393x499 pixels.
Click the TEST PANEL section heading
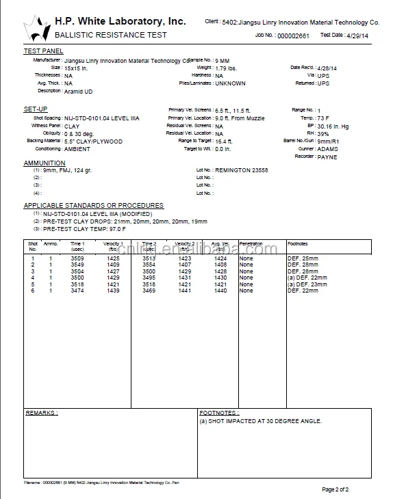pyautogui.click(x=43, y=51)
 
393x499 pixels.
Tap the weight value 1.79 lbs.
pyautogui.click(x=227, y=68)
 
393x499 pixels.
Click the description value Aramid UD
pyautogui.click(x=78, y=91)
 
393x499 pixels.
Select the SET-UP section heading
pyautogui.click(x=36, y=109)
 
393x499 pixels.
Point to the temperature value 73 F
pyautogui.click(x=325, y=118)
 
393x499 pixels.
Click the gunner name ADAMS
pyautogui.click(x=327, y=149)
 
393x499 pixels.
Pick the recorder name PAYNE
pyautogui.click(x=327, y=157)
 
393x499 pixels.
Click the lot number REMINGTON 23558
pyautogui.click(x=241, y=170)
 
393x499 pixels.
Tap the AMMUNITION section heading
pyautogui.click(x=45, y=163)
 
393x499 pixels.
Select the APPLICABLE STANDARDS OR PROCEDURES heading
pyautogui.click(x=94, y=205)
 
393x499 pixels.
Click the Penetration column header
pyautogui.click(x=251, y=243)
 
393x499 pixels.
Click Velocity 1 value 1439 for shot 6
pyautogui.click(x=113, y=291)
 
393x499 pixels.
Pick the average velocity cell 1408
pyautogui.click(x=220, y=265)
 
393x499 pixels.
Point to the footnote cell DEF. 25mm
pyautogui.click(x=303, y=258)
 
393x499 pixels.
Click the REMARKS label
pyautogui.click(x=41, y=413)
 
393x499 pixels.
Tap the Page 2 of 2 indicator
pyautogui.click(x=335, y=489)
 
